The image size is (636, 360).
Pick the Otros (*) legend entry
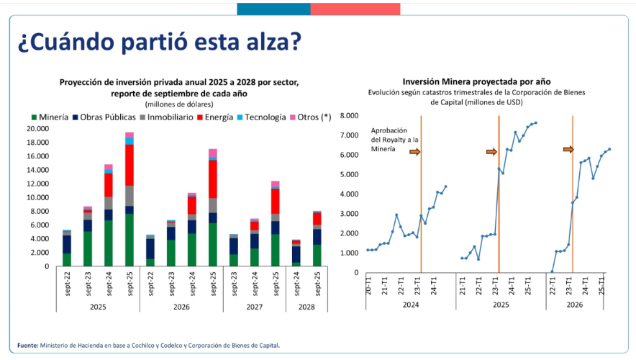[x=312, y=117]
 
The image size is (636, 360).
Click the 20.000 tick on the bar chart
[x=37, y=129]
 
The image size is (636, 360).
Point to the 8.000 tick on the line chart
[x=348, y=115]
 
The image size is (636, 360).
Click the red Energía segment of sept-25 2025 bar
[x=130, y=165]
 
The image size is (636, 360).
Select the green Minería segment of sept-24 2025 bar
[x=108, y=243]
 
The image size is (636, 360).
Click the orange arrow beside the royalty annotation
[x=414, y=152]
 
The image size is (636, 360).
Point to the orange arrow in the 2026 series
[x=568, y=149]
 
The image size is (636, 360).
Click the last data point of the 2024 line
[x=445, y=186]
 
